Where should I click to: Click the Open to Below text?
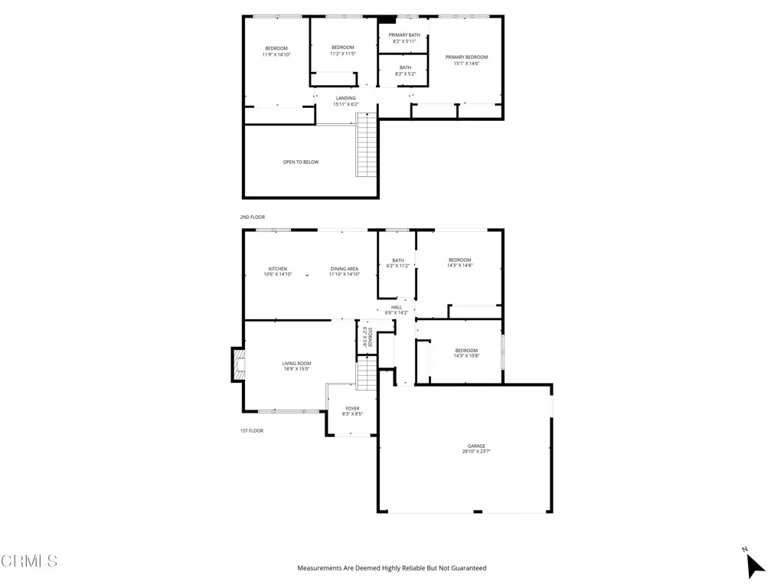[x=301, y=162]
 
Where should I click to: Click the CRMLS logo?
[x=29, y=561]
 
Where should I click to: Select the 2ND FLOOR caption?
[x=252, y=217]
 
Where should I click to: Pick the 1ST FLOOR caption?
[x=251, y=431]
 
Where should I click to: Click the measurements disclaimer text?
[x=391, y=568]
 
